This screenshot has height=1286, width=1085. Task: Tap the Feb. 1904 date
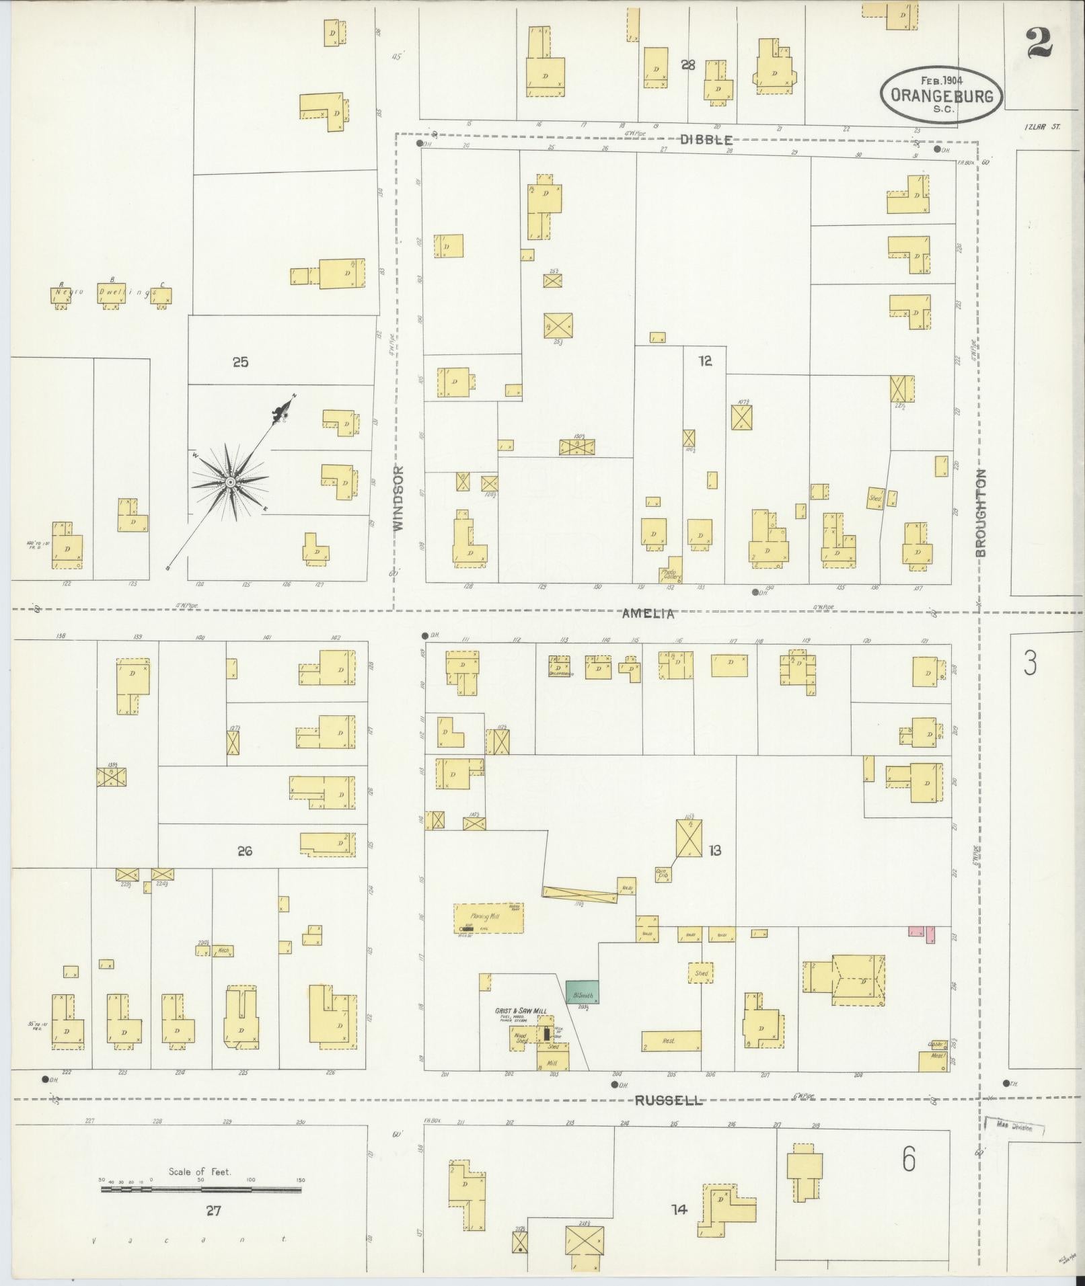pyautogui.click(x=942, y=80)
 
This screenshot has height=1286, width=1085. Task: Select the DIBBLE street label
pyautogui.click(x=706, y=139)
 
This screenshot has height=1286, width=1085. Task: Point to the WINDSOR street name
pyautogui.click(x=399, y=498)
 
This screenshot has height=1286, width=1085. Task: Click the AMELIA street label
pyautogui.click(x=648, y=613)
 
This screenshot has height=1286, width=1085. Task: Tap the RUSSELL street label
pyautogui.click(x=669, y=1100)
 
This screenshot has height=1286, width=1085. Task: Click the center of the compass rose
pyautogui.click(x=230, y=482)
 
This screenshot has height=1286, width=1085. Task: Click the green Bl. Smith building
pyautogui.click(x=583, y=992)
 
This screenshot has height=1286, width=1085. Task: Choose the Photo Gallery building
pyautogui.click(x=673, y=569)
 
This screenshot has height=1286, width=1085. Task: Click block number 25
pyautogui.click(x=240, y=362)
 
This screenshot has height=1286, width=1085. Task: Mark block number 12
pyautogui.click(x=704, y=361)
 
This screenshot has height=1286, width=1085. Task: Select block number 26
pyautogui.click(x=244, y=851)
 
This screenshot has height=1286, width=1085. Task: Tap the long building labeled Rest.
pyautogui.click(x=671, y=1041)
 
